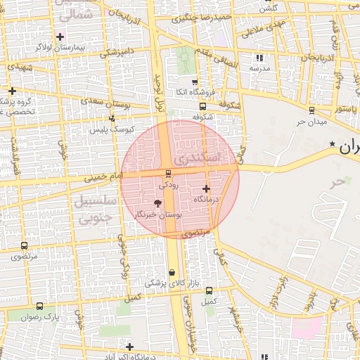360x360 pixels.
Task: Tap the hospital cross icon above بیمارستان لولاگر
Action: [x=61, y=36]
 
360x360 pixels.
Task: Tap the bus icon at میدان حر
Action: [x=311, y=110]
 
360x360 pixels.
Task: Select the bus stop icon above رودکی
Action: [x=167, y=174]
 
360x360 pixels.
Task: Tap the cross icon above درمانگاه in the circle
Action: [x=206, y=188]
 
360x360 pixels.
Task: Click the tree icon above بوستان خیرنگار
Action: [x=157, y=203]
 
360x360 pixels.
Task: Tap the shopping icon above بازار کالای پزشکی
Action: [x=172, y=273]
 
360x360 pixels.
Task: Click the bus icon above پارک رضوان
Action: [x=39, y=306]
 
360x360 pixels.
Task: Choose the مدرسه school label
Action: [x=259, y=68]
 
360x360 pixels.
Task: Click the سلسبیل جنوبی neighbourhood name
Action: [x=93, y=210]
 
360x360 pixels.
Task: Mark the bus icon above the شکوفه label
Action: [x=202, y=107]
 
